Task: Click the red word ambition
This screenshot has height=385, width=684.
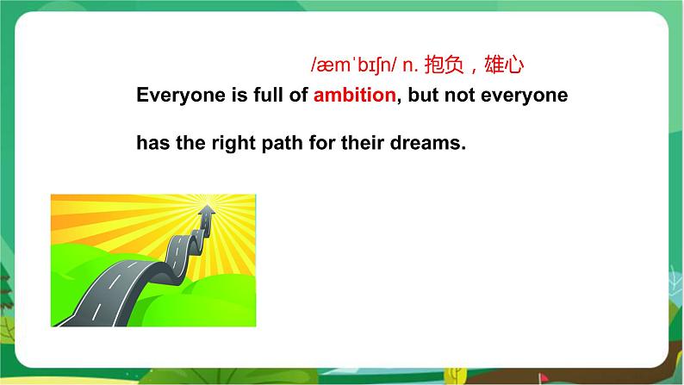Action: point(354,95)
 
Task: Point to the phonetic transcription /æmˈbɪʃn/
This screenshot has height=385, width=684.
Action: point(354,65)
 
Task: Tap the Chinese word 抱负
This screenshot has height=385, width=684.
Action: point(444,65)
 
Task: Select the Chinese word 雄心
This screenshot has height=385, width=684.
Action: point(504,65)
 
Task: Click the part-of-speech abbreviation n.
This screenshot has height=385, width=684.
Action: point(410,65)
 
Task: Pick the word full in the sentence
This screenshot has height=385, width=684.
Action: point(268,94)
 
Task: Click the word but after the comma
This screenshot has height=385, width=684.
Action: point(423,95)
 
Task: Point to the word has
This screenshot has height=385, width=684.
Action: point(152,143)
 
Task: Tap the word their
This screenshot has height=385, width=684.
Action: point(362,143)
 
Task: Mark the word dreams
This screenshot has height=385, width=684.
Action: point(427,143)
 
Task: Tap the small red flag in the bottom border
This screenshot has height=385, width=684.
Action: point(543,376)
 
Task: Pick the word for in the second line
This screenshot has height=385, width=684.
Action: point(322,143)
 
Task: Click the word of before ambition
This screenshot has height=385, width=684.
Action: point(298,95)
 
